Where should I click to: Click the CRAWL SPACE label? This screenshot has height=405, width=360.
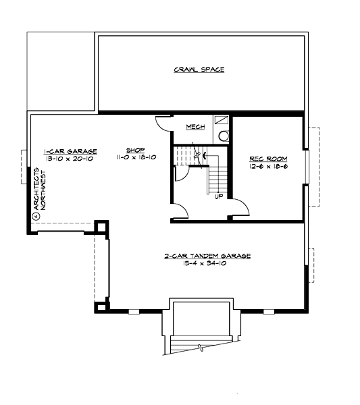coord(199,70)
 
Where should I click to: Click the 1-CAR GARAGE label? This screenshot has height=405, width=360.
coord(70,151)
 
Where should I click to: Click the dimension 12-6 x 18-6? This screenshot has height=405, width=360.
coord(268,165)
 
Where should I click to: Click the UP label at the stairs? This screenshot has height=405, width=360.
coord(219,196)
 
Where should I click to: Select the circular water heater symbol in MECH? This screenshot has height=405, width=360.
coord(224,136)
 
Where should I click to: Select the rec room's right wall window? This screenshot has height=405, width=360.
coord(305,167)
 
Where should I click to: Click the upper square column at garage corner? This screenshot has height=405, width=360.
coord(102,225)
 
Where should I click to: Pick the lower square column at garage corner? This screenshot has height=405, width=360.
coord(101,307)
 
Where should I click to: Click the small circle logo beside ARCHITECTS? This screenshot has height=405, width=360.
coord(35,217)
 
